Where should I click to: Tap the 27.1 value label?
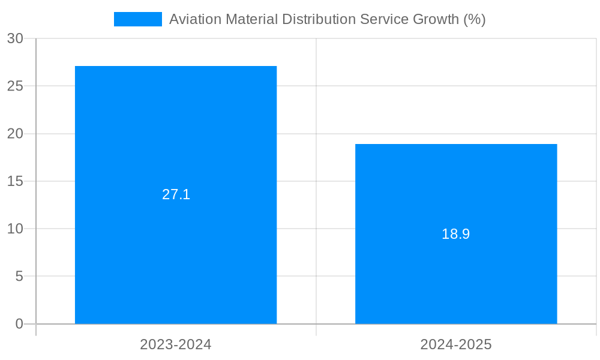click(176, 194)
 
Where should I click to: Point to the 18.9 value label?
click(456, 234)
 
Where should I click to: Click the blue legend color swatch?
click(138, 19)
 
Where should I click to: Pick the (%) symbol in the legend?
click(475, 19)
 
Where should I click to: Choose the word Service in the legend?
click(385, 19)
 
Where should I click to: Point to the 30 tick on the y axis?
click(15, 38)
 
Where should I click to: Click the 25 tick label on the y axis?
click(15, 86)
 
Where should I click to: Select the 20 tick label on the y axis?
click(15, 134)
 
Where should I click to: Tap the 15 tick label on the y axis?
click(15, 181)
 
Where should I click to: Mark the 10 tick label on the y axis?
click(15, 229)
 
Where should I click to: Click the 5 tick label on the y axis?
click(19, 277)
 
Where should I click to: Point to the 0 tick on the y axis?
click(19, 324)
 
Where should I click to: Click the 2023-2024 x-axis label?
click(176, 344)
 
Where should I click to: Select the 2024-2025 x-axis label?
click(456, 344)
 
